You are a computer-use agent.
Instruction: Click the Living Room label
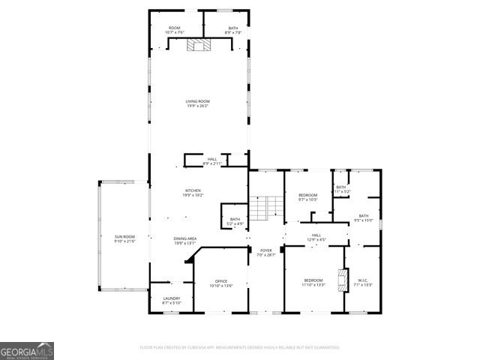point(198,103)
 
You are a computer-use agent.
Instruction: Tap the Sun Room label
point(124,238)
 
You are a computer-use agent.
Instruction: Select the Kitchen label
point(193,193)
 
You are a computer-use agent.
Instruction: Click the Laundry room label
point(171,300)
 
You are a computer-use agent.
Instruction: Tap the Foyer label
point(266,253)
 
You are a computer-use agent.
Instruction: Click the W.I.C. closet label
point(363,283)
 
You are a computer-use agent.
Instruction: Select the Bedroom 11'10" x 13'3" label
point(313,283)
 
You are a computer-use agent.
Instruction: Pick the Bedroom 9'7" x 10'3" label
point(307,197)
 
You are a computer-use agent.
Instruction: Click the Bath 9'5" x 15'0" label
point(363,218)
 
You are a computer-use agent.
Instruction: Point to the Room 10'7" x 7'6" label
point(174,31)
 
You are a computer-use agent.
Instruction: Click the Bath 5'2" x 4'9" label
point(235,221)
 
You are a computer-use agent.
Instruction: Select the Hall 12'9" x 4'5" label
point(316,238)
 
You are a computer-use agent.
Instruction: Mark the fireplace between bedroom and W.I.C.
point(344,279)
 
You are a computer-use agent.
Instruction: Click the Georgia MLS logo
point(27,351)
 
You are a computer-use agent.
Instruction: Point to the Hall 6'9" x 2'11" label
point(212,160)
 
